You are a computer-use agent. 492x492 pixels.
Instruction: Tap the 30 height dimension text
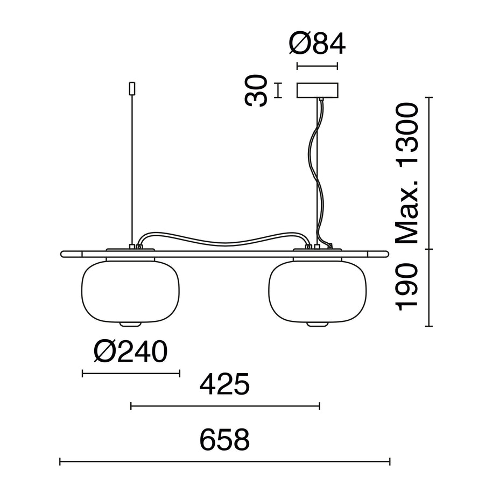click(x=256, y=90)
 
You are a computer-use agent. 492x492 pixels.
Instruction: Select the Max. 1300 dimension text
click(x=407, y=173)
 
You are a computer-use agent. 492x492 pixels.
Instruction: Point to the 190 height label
click(x=407, y=287)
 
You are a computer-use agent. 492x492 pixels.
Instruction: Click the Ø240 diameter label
click(x=130, y=352)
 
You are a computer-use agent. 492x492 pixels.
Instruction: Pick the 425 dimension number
click(x=224, y=384)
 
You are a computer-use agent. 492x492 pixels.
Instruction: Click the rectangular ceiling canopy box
click(x=318, y=90)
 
